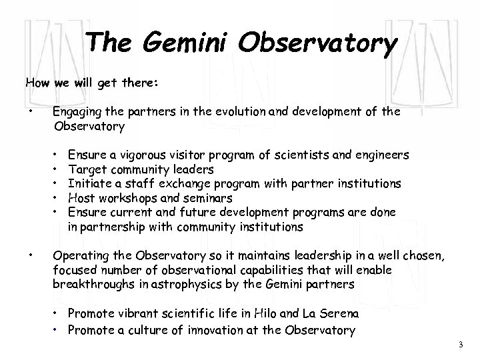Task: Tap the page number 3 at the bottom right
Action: pos(460,344)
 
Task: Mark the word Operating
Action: pos(78,257)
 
